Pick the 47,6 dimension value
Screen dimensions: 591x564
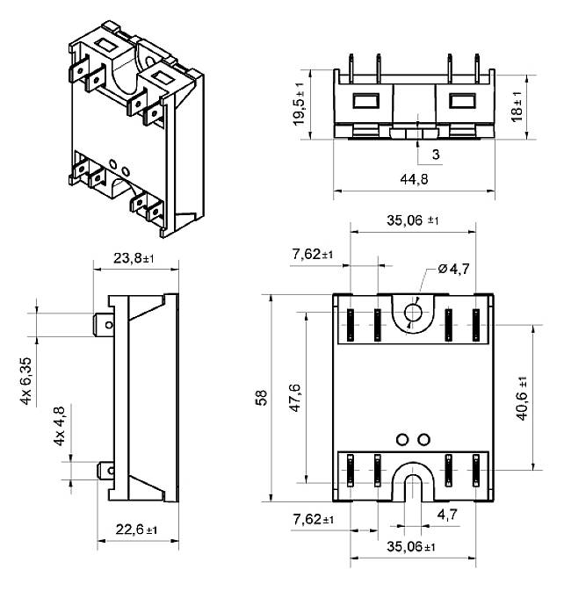click(x=294, y=398)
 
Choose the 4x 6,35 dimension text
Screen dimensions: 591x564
click(x=27, y=379)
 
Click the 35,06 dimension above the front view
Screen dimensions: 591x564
click(x=416, y=221)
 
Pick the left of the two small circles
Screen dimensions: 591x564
click(x=402, y=439)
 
